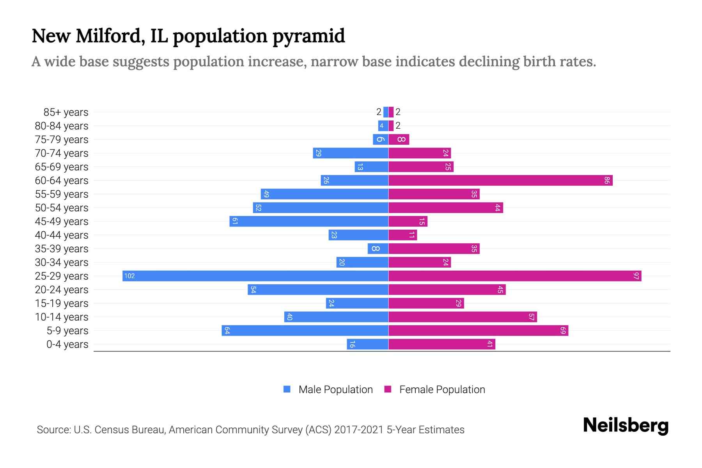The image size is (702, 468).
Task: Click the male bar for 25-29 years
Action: tap(255, 276)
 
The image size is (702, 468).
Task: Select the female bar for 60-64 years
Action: tap(500, 180)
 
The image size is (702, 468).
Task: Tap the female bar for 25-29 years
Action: tap(515, 276)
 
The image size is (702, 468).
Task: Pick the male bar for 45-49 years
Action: tap(309, 221)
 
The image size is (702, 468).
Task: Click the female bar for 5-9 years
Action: tap(478, 330)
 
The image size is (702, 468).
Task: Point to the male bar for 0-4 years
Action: tap(368, 344)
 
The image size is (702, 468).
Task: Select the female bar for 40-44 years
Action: tap(402, 235)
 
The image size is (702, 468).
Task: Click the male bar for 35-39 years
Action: tap(378, 248)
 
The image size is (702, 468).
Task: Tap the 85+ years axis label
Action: tap(66, 112)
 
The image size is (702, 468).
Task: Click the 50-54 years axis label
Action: tap(62, 208)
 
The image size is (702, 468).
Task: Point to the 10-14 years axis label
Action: tap(62, 317)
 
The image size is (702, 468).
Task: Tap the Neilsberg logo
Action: tap(626, 425)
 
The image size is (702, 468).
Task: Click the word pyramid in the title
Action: tap(308, 36)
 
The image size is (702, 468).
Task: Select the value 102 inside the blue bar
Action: tap(129, 276)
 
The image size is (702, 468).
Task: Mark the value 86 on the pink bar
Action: tap(607, 180)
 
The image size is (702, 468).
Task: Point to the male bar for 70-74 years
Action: tap(351, 153)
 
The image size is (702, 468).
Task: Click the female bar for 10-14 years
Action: tap(463, 317)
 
